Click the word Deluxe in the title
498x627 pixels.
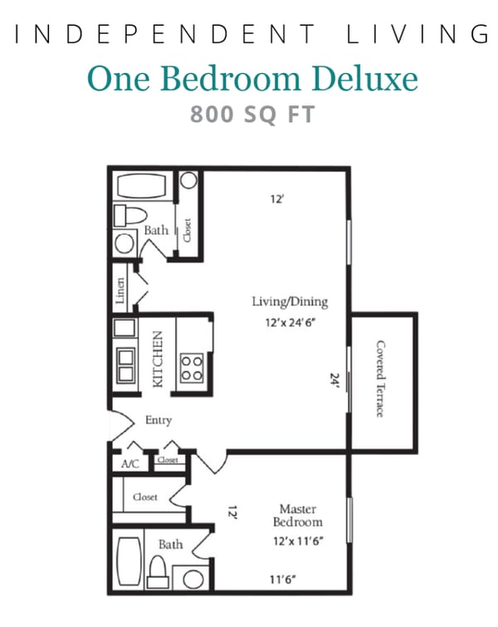(x=368, y=79)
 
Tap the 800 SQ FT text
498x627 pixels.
(x=252, y=114)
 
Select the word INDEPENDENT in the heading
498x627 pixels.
(x=166, y=34)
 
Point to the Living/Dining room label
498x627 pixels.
(x=290, y=301)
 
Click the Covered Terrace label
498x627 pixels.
(x=381, y=379)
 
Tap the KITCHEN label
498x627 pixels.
(x=158, y=359)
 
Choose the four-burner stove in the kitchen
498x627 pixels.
(x=192, y=366)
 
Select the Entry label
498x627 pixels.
(x=158, y=420)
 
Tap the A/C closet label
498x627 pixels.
(x=129, y=464)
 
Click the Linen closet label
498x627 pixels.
(x=121, y=291)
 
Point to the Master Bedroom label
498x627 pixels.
(x=298, y=515)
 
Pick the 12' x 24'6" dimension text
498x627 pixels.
(x=290, y=324)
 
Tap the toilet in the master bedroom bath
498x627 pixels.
(x=159, y=571)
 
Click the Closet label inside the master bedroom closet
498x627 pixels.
(x=145, y=497)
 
